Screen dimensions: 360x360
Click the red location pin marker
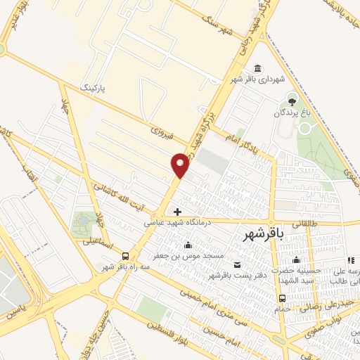click(181, 165)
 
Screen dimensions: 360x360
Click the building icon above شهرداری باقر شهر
click(258, 68)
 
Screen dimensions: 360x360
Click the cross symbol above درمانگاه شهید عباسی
click(177, 211)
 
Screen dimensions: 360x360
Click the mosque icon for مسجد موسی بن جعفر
click(188, 245)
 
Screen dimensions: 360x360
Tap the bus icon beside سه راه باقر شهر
click(125, 256)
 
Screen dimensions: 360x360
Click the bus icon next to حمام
click(282, 297)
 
